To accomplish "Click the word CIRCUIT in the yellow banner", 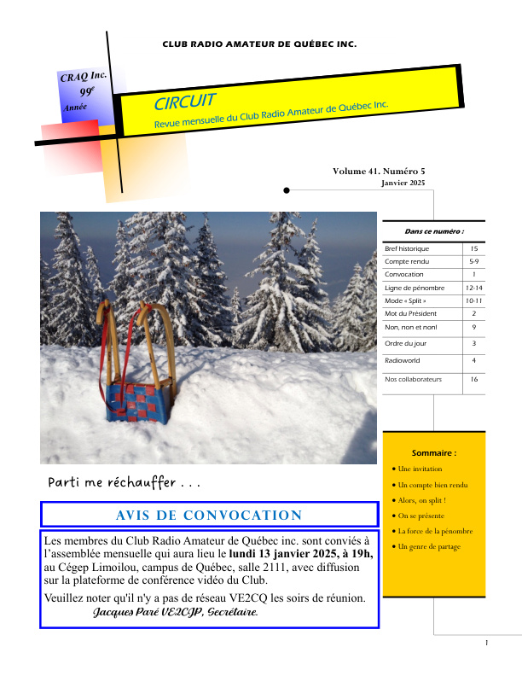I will click(184, 102).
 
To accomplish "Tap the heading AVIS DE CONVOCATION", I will click(209, 515).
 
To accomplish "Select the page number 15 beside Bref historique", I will click(473, 248).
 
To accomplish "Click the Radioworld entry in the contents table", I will click(401, 361).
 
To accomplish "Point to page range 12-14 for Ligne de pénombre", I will click(473, 288).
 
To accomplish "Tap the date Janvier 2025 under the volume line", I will click(402, 183).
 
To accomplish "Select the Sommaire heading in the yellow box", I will click(433, 452).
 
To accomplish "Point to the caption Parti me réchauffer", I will click(125, 482).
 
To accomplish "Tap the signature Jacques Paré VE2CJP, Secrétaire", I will click(175, 613).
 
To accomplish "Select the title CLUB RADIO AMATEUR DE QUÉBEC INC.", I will click(259, 43).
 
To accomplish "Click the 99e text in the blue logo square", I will click(87, 91).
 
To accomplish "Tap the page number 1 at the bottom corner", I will click(485, 642).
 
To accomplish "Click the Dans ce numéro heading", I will click(434, 230).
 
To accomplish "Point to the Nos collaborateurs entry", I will click(413, 378).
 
